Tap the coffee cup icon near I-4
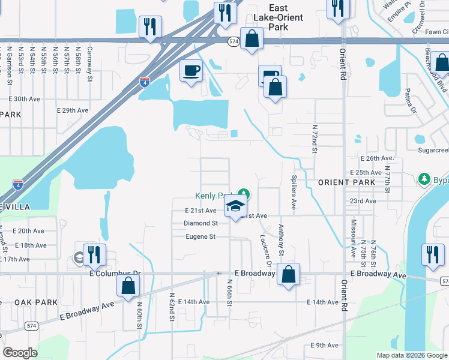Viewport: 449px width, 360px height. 191,71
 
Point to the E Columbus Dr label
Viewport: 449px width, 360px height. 114,274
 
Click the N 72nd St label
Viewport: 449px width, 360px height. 315,139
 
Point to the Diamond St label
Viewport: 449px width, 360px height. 200,224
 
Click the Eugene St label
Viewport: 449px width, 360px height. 200,237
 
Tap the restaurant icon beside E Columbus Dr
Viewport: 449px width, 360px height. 94,254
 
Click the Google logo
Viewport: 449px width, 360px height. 20,353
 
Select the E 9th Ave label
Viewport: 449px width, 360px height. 325,345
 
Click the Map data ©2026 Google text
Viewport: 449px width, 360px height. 411,355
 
